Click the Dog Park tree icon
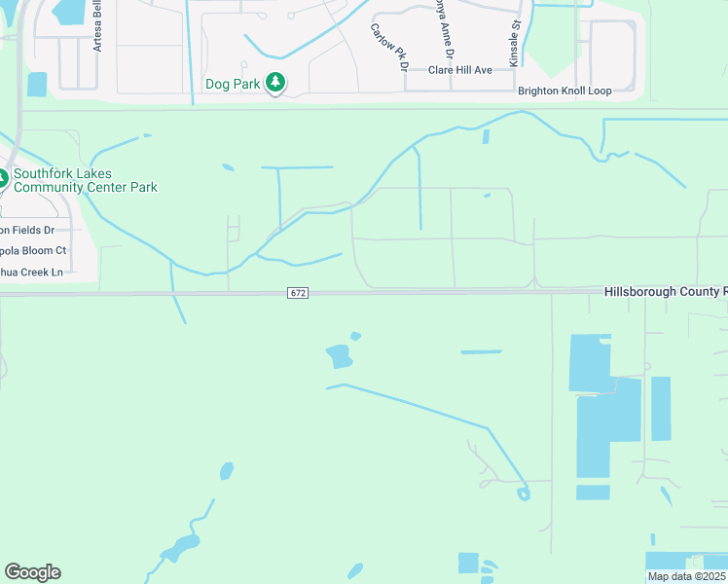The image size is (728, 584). coord(276,83)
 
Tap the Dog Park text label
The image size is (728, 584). coord(233,84)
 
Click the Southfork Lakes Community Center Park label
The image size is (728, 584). coord(85,180)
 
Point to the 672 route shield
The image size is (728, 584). coord(298,293)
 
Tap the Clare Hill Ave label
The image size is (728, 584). coord(461,70)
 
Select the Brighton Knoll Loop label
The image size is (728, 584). coord(564,91)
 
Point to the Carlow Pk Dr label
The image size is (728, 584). coord(387,47)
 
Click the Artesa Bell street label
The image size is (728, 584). coord(97,29)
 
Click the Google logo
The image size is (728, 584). coord(32,572)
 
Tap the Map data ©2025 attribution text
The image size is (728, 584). coord(687,576)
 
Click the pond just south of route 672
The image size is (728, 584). coord(340,356)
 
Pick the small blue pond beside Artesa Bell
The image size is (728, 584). coord(37,85)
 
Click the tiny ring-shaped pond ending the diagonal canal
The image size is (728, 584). coord(524,493)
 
